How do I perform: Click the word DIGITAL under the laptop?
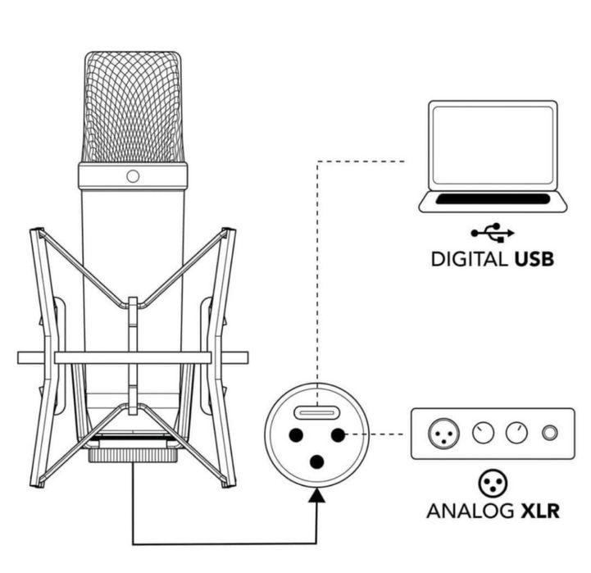pos(469,259)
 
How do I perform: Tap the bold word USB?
pos(534,259)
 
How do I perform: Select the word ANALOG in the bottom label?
pos(470,512)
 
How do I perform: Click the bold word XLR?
pos(539,512)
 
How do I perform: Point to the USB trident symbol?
pos(493,233)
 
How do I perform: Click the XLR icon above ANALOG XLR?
pos(493,484)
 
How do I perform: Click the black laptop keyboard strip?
pos(493,199)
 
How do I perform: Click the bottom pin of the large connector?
pos(316,462)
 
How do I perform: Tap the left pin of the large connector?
pos(296,435)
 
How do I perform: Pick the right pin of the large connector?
pos(338,435)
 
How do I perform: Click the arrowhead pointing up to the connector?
pos(316,495)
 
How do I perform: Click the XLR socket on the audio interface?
pos(443,433)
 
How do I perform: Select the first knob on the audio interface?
pos(483,433)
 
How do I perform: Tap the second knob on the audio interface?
pos(516,433)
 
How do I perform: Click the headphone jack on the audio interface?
pos(549,433)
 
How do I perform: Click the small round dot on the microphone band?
pos(133,176)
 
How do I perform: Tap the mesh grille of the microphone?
pos(133,107)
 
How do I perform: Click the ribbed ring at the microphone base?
pos(133,456)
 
